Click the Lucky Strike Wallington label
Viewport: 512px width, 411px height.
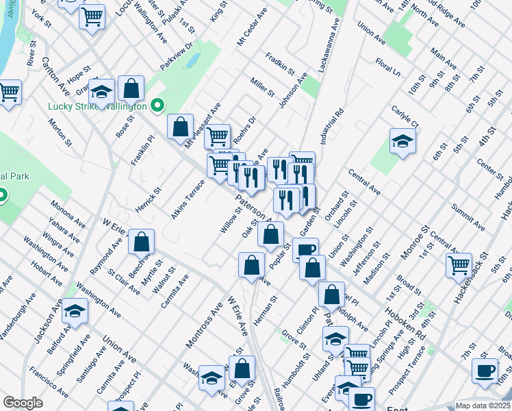97,107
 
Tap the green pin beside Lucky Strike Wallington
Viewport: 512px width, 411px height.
157,106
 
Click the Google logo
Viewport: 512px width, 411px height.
23,403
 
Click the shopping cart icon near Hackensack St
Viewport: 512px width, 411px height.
459,265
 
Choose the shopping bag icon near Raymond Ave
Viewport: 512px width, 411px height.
141,241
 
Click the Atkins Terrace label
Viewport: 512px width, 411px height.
189,198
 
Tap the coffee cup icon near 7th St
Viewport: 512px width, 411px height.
485,371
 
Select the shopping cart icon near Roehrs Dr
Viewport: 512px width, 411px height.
218,136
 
